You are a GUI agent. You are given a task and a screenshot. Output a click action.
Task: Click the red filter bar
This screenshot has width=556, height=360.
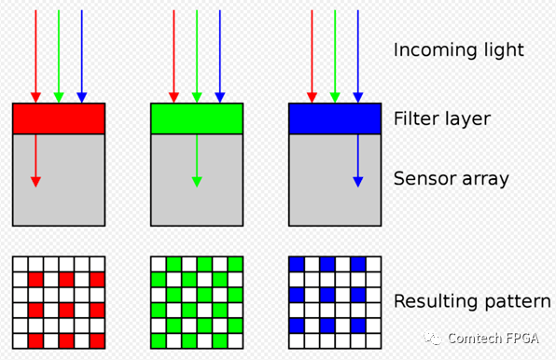pyautogui.click(x=59, y=118)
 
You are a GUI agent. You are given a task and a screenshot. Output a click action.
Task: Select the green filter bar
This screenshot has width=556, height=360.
pyautogui.click(x=197, y=118)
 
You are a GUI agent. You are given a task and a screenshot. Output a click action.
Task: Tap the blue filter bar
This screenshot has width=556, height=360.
pyautogui.click(x=335, y=118)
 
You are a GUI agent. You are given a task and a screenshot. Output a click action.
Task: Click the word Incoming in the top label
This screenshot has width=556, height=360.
pyautogui.click(x=433, y=50)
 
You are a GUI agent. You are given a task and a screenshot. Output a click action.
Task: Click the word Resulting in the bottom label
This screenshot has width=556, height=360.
pyautogui.click(x=435, y=301)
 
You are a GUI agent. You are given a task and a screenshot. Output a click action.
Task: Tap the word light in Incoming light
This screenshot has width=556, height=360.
pyautogui.click(x=502, y=50)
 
